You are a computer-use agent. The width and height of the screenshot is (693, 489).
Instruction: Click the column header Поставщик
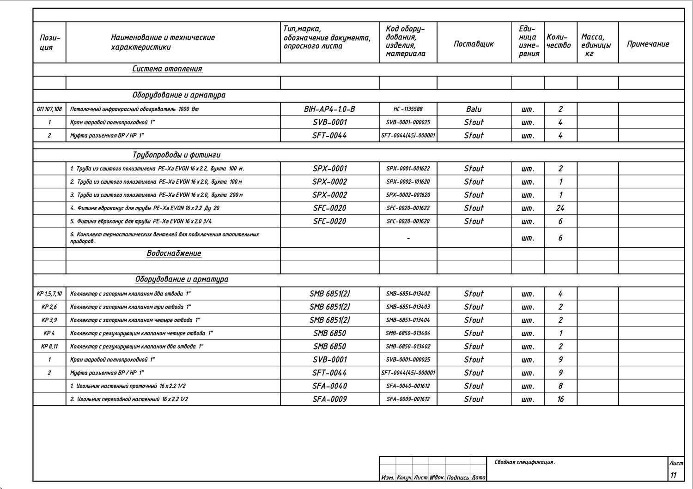pos(474,44)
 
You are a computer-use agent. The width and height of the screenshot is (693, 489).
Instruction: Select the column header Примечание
pos(648,44)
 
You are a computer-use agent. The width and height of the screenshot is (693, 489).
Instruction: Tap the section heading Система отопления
pos(167,69)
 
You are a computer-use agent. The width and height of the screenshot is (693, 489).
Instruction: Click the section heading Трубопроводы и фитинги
pos(176,155)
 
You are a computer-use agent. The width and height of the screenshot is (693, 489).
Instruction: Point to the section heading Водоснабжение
pos(174,254)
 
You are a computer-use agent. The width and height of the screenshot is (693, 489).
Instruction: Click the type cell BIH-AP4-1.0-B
pos(329,109)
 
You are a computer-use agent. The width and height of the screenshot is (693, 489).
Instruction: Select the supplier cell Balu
pos(474,109)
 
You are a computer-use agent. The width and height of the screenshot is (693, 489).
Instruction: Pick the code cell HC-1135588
pos(408,109)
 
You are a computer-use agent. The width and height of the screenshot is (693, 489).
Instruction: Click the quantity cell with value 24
pos(560,208)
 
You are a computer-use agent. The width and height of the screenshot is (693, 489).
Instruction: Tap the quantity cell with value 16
pos(560,399)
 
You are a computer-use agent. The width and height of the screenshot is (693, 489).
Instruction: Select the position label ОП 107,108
pos(49,109)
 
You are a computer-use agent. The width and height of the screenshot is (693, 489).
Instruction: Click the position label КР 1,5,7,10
pos(49,294)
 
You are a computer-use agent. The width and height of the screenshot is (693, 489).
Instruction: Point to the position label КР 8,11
pos(49,346)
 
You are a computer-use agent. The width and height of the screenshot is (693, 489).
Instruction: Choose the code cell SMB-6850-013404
pos(408,333)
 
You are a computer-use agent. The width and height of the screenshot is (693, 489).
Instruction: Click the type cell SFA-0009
pos(329,399)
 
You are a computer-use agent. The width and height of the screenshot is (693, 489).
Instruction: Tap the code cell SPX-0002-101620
pos(408,182)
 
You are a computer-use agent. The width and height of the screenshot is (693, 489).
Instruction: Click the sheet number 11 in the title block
pos(674,475)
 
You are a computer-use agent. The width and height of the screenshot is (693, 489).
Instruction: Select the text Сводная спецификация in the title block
pos(524,462)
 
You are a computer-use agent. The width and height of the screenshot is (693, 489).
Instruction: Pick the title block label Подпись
pos(457,478)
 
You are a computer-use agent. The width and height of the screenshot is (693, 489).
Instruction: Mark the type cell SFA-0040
pos(329,386)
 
